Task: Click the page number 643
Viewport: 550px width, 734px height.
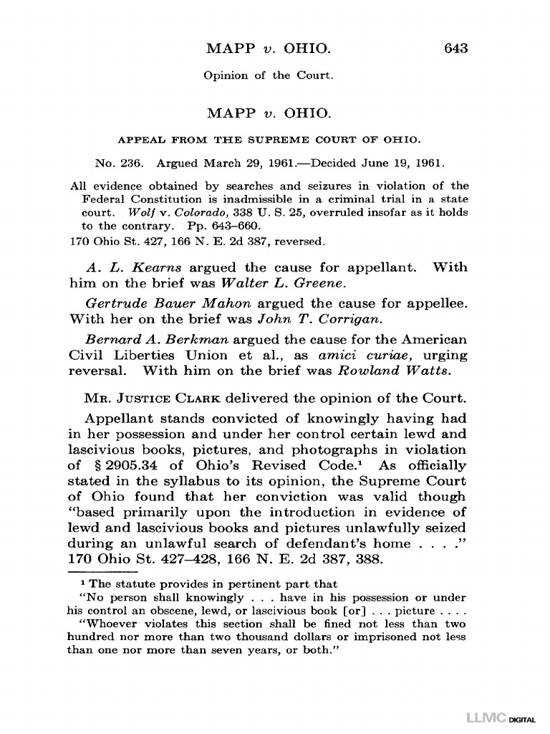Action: tap(455, 49)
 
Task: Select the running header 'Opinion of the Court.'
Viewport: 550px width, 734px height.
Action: tap(269, 75)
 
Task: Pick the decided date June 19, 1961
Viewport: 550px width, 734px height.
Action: tap(403, 162)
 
